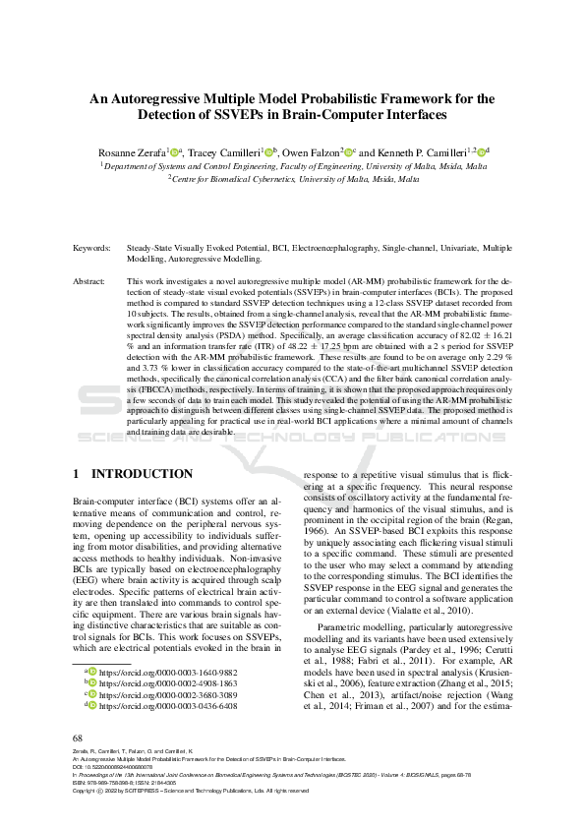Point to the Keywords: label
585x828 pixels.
pos(92,249)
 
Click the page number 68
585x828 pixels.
pos(78,738)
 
